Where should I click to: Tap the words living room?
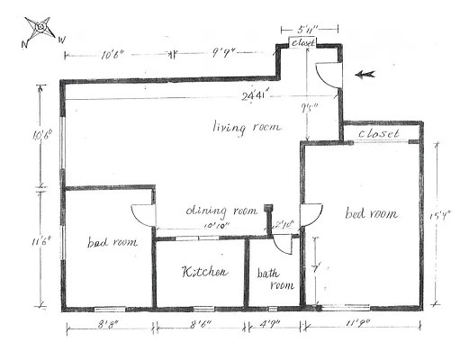pos(247,127)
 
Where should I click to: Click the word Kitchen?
pos(204,272)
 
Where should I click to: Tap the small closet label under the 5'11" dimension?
pos(302,43)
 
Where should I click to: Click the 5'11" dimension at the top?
pos(297,30)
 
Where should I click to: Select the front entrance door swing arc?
pos(330,76)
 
